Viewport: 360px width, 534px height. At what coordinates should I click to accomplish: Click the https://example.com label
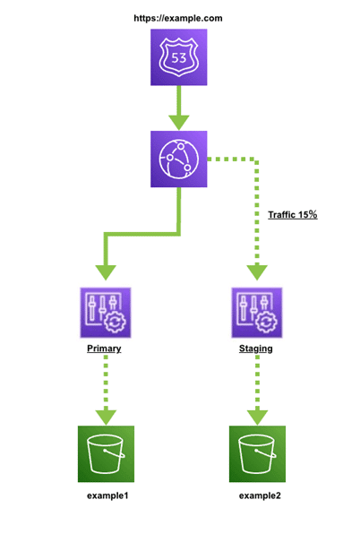[x=178, y=18]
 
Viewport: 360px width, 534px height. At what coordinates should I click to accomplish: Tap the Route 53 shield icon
[x=179, y=57]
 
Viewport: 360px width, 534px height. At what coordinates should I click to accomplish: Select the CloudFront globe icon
[x=179, y=159]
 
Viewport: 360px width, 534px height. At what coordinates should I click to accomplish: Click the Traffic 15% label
[x=293, y=214]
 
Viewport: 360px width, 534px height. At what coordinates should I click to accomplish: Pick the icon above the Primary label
[x=106, y=313]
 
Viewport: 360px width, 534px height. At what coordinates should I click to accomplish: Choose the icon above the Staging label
[x=257, y=313]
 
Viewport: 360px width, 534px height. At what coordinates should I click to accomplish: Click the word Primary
[x=104, y=349]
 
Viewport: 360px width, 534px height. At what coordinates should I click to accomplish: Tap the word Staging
[x=256, y=349]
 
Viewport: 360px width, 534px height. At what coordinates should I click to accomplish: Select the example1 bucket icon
[x=107, y=454]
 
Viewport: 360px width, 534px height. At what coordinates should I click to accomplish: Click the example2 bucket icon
[x=257, y=454]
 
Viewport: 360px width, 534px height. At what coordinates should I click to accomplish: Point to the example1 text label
[x=107, y=495]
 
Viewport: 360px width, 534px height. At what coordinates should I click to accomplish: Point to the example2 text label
[x=260, y=495]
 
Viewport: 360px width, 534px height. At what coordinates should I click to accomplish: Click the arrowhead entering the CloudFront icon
[x=179, y=123]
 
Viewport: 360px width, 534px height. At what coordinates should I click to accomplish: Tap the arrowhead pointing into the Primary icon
[x=106, y=272]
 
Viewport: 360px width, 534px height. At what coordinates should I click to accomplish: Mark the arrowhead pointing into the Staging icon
[x=257, y=272]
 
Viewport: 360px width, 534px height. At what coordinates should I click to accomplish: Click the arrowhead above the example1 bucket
[x=107, y=418]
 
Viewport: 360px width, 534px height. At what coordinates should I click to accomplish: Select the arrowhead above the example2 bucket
[x=257, y=418]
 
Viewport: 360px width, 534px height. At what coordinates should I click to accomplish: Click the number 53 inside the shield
[x=179, y=58]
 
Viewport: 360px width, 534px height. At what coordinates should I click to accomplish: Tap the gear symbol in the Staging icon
[x=267, y=322]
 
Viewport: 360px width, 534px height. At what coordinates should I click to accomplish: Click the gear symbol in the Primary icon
[x=115, y=322]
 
